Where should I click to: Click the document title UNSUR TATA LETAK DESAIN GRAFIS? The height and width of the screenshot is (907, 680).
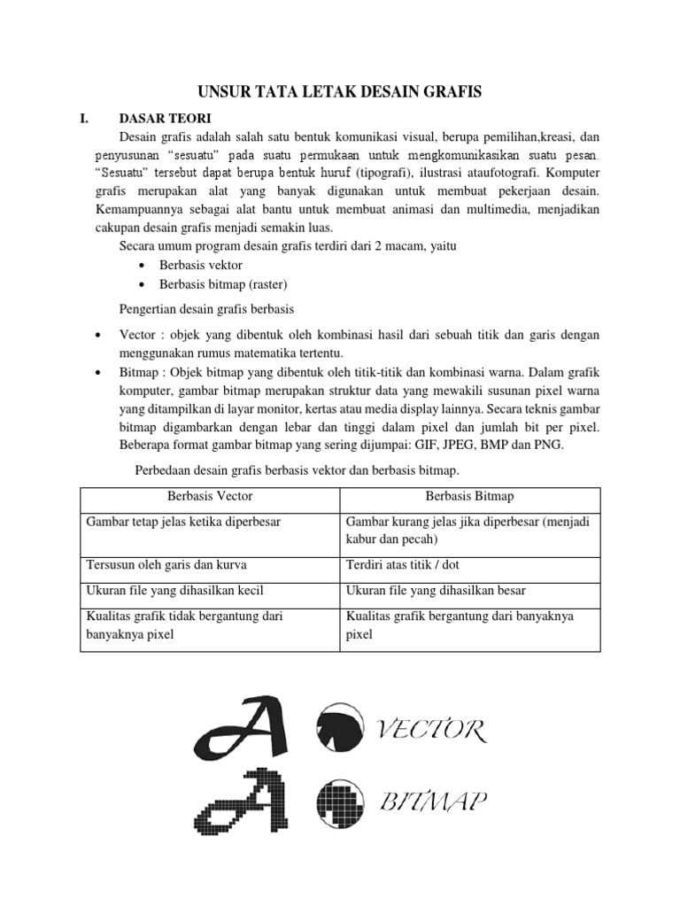pos(340,90)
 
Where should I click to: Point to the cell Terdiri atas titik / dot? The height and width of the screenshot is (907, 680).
pos(404,564)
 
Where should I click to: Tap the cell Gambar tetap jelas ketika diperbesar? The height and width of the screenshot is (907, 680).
pos(182,522)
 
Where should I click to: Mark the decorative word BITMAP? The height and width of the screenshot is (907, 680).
pos(433,802)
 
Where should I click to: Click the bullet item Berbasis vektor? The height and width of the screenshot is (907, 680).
pos(200,265)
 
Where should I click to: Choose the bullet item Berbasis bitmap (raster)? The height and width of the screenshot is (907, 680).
pos(223,284)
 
